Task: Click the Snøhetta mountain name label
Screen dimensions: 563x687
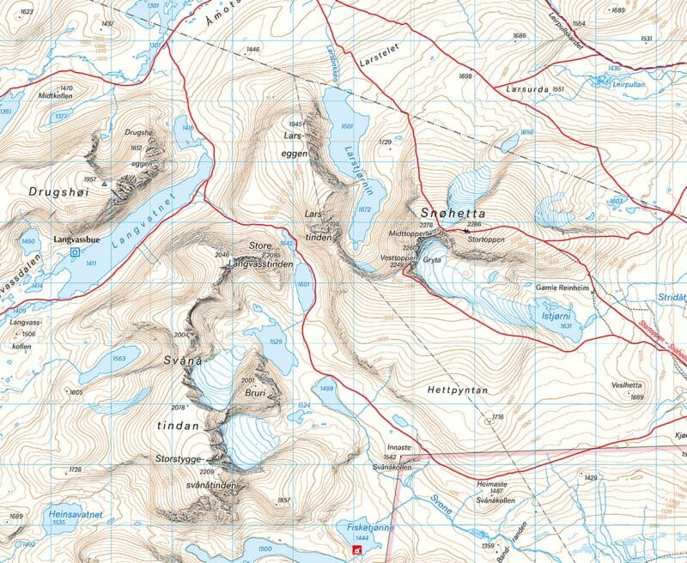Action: click(453, 213)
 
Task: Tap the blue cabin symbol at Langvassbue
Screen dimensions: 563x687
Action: click(75, 253)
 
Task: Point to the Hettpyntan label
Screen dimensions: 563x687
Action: click(457, 390)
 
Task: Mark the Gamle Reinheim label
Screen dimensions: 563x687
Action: click(563, 288)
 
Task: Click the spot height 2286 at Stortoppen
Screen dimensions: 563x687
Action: click(475, 225)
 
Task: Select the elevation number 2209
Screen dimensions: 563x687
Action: click(205, 472)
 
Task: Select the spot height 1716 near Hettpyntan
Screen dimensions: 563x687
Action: click(496, 417)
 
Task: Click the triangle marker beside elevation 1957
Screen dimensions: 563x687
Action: click(105, 183)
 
